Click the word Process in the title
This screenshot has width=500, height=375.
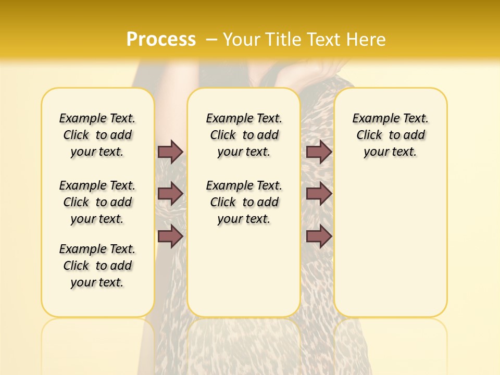coord(161,40)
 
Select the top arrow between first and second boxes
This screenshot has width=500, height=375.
coord(170,152)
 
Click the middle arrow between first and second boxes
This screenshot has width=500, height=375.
coord(170,194)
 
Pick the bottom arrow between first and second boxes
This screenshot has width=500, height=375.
coord(170,236)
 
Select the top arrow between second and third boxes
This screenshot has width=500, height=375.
coord(319,152)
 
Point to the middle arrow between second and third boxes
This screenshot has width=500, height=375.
coord(319,194)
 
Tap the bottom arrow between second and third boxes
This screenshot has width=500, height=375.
coord(319,236)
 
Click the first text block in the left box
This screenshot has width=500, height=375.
coord(97,135)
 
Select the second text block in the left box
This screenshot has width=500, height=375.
coord(97,202)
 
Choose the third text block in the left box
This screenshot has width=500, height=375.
coord(97,266)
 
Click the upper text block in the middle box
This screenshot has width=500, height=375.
coord(244,135)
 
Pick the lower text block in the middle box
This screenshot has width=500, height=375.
coord(244,202)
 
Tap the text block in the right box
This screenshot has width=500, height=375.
coord(391,135)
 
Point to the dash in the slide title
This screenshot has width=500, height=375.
coord(212,40)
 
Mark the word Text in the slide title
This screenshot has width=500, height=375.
coord(326,40)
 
